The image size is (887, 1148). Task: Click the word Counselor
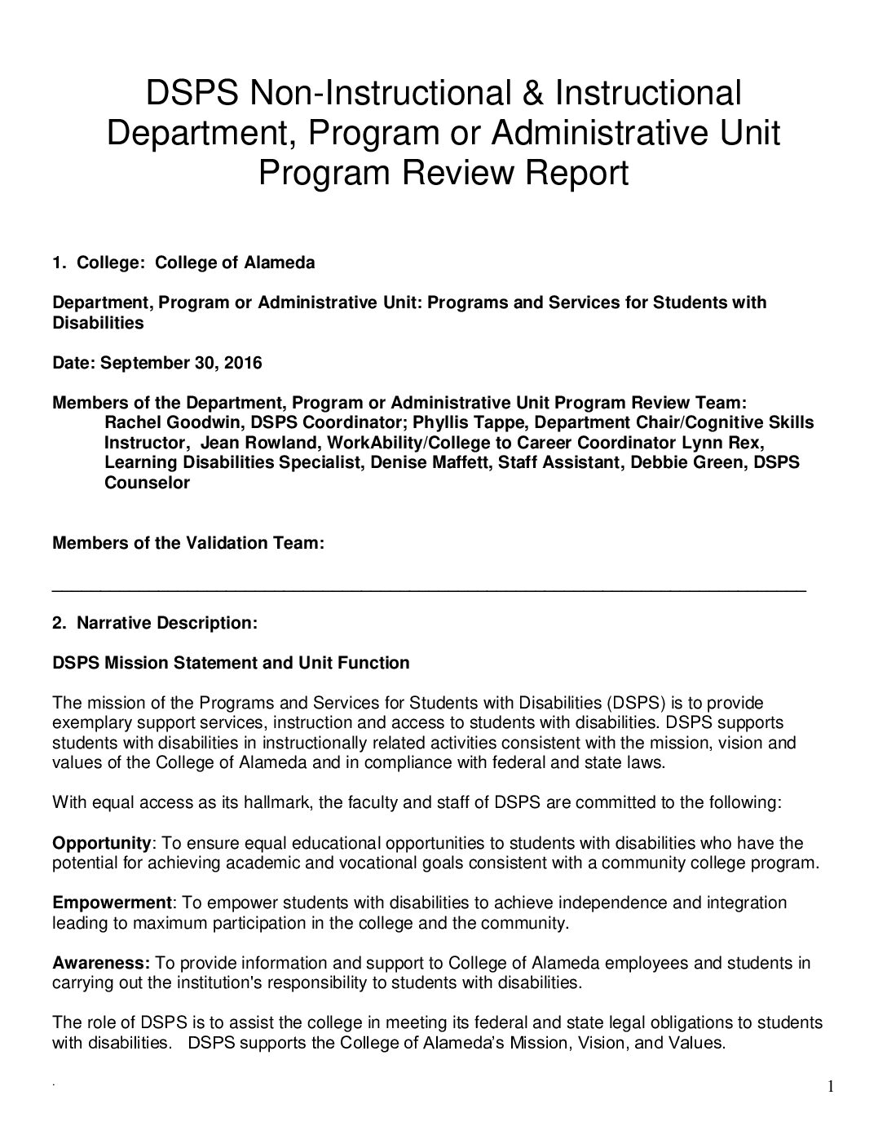click(x=147, y=483)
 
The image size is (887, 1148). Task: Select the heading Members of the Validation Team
click(x=188, y=543)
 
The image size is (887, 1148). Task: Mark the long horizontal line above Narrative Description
click(x=430, y=589)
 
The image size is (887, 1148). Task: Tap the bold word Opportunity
click(x=102, y=843)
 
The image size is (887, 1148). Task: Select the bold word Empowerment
click(x=113, y=903)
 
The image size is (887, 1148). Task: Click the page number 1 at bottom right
click(x=831, y=1087)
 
